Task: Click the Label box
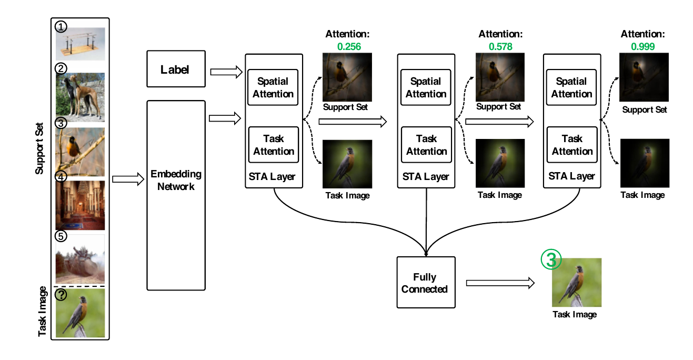point(176,69)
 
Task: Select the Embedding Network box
point(176,195)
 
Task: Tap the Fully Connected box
point(425,283)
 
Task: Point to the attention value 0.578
point(500,47)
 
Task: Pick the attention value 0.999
point(642,47)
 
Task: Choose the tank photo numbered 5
point(80,259)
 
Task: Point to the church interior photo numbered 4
point(80,205)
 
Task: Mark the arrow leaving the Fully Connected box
point(500,283)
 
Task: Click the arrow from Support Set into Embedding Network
point(128,180)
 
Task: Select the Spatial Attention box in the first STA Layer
point(273,87)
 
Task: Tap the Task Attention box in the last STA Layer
point(571,145)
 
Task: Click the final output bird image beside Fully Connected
point(576,282)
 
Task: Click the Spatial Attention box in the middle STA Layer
point(426,87)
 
